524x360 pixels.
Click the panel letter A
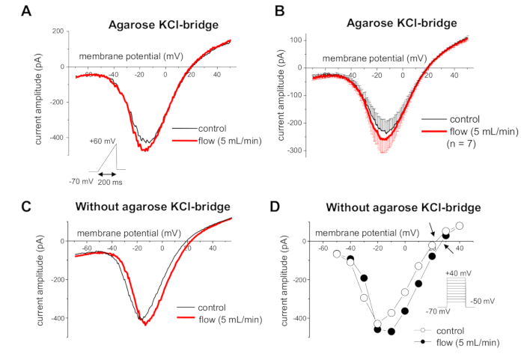coord(25,12)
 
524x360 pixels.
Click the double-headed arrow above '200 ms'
coord(110,174)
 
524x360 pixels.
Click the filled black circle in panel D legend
coord(424,341)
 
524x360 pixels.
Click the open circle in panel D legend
coord(424,329)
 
